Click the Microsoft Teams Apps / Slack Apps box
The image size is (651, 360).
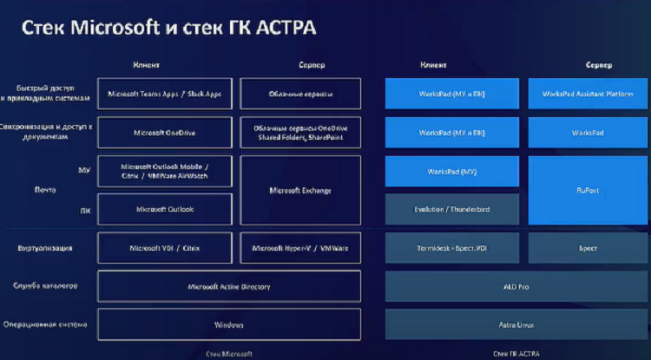[165, 94]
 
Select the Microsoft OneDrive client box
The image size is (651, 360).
[165, 133]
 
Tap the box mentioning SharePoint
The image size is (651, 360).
[299, 133]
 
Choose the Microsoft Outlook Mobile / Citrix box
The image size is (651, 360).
[165, 172]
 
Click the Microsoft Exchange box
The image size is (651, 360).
[299, 190]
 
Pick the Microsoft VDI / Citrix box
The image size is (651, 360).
[165, 248]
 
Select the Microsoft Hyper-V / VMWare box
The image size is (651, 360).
[299, 248]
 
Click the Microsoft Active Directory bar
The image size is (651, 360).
[229, 286]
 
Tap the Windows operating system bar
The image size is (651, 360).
[229, 324]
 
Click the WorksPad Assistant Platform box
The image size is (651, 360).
[587, 94]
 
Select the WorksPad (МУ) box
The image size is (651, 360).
[451, 172]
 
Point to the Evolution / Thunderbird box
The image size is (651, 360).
[451, 209]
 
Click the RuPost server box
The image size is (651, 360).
[587, 190]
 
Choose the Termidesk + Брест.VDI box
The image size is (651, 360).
[451, 248]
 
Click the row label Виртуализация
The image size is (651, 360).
[43, 248]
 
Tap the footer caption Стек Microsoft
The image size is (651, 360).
[229, 354]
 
